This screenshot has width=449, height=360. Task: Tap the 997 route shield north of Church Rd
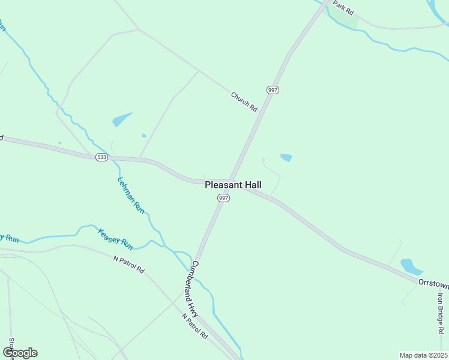[273, 89]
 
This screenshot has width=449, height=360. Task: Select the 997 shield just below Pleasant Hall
[223, 198]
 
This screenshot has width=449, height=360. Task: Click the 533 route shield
[101, 157]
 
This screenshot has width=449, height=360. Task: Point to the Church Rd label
[244, 101]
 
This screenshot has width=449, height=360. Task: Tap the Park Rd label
[344, 7]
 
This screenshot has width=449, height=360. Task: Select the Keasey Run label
[115, 238]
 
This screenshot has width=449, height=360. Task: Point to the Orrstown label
[433, 281]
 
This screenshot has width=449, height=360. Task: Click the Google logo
[20, 353]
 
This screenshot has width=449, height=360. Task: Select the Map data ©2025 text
[423, 355]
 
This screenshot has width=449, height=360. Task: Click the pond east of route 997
[286, 158]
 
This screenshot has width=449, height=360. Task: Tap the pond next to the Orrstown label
[411, 266]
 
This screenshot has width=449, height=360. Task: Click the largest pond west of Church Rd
[122, 119]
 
